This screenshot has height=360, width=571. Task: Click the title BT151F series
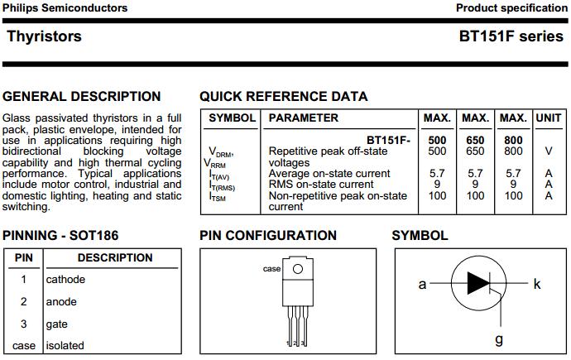[x=511, y=36]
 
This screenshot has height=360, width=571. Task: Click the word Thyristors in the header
[x=44, y=36]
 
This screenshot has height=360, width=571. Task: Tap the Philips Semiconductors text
[x=65, y=8]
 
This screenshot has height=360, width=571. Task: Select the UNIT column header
[x=549, y=118]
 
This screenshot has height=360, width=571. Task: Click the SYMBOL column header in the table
[x=232, y=118]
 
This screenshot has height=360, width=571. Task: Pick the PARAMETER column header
[x=304, y=118]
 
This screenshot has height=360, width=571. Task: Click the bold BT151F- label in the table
[x=388, y=140]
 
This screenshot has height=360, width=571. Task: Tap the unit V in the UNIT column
[x=548, y=151]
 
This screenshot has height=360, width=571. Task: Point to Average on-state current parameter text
[x=329, y=173]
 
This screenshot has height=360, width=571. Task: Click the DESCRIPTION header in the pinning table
[x=115, y=257]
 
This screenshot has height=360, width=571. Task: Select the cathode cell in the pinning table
[x=65, y=279]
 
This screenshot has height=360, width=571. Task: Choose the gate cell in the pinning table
[x=57, y=324]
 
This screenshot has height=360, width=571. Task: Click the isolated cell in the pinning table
[x=65, y=345]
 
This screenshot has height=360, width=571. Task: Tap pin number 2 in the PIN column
[x=24, y=301]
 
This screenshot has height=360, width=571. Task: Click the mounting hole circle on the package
[x=298, y=268]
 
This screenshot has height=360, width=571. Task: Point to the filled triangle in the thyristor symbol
[x=477, y=283]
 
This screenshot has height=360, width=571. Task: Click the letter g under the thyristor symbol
[x=498, y=339]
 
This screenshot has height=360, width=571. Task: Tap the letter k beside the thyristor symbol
[x=537, y=284]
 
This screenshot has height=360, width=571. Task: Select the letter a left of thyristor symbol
[x=422, y=284]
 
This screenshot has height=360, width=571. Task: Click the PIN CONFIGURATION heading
[x=268, y=235]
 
